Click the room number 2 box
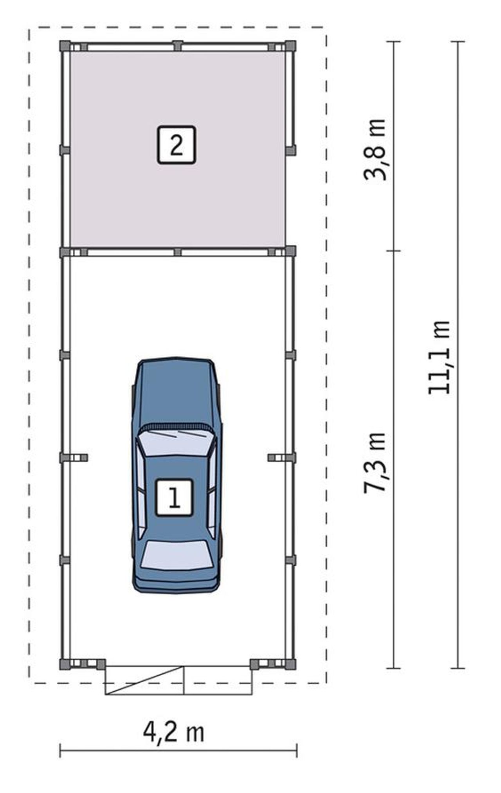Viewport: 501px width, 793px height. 176,145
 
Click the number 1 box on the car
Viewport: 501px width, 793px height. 174,498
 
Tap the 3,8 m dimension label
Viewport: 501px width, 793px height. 375,149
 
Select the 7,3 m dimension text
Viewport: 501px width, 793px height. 375,462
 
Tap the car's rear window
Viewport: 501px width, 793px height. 177,555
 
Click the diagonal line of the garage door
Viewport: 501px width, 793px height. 145,681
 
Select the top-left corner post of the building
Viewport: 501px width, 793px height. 65,46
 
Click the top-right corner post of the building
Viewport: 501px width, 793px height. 290,46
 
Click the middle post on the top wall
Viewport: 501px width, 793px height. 178,46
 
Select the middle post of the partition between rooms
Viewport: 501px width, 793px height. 178,252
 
